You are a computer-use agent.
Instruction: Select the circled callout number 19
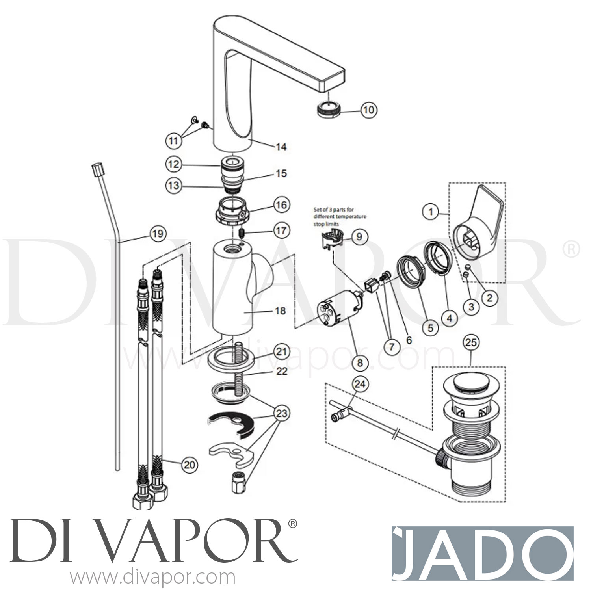[157, 234]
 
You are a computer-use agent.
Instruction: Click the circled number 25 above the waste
[471, 342]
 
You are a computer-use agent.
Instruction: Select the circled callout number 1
[431, 212]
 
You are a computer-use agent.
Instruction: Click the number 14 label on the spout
[281, 147]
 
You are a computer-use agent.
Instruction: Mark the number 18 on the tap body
[280, 311]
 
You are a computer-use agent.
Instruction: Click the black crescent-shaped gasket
[232, 424]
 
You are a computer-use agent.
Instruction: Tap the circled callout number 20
[190, 465]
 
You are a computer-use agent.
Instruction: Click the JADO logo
[482, 552]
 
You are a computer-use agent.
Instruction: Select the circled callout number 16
[281, 205]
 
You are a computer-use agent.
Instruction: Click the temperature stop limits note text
[340, 217]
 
